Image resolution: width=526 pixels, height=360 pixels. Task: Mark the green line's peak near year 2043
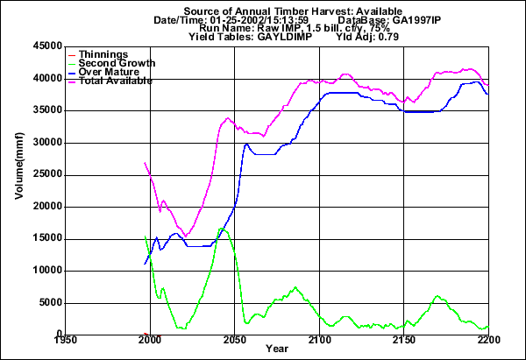pyautogui.click(x=222, y=229)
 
